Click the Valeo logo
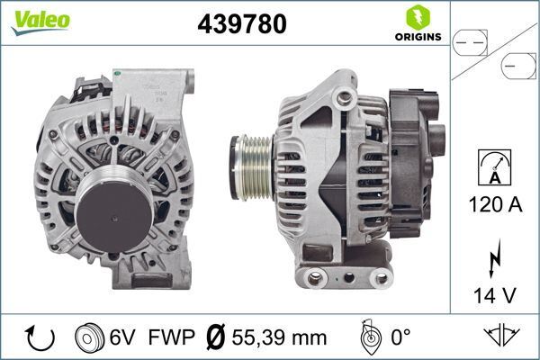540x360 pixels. point(40,20)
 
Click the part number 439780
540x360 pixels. point(241,25)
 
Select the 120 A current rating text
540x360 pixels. point(496,204)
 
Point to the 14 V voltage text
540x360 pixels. point(496,292)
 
